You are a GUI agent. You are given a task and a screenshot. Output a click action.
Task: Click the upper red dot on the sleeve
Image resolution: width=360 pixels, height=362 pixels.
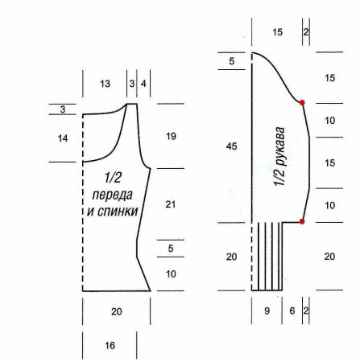click(302, 102)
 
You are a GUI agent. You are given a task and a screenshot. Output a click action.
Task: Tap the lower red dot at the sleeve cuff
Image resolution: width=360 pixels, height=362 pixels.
click(302, 221)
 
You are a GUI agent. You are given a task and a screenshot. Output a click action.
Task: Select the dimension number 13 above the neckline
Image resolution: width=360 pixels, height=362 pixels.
click(106, 84)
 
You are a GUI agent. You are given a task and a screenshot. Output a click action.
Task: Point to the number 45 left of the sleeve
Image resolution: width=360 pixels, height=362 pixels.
click(232, 146)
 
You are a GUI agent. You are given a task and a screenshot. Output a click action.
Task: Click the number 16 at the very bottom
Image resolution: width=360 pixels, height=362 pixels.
click(110, 345)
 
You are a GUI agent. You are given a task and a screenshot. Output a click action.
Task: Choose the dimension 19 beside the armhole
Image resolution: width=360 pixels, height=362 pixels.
click(171, 137)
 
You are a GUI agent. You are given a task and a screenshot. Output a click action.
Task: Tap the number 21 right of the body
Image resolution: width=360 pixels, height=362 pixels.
click(171, 204)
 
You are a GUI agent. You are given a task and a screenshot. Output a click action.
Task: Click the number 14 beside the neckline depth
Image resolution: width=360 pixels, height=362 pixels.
click(63, 138)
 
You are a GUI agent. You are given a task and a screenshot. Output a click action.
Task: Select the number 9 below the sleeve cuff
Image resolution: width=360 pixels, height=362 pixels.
click(267, 311)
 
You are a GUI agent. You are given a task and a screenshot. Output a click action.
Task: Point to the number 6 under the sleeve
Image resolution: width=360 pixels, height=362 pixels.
click(292, 311)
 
